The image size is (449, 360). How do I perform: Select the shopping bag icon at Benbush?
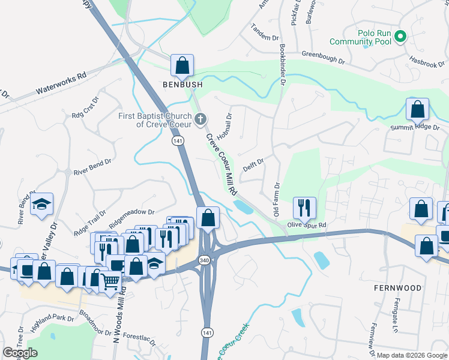pyautogui.click(x=182, y=65)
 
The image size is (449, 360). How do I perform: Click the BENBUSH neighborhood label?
pyautogui.click(x=182, y=85)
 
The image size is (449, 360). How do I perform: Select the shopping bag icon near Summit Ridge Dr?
pyautogui.click(x=417, y=109)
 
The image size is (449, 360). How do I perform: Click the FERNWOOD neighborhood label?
pyautogui.click(x=398, y=288)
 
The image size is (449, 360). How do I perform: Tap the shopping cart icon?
pyautogui.click(x=110, y=280)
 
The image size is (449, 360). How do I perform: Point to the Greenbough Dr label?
pyautogui.click(x=324, y=58)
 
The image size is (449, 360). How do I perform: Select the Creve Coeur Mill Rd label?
pyautogui.click(x=220, y=163)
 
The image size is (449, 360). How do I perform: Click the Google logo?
pyautogui.click(x=20, y=353)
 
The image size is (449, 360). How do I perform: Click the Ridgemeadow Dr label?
pyautogui.click(x=131, y=213)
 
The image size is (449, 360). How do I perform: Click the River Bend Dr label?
pyautogui.click(x=92, y=166)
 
